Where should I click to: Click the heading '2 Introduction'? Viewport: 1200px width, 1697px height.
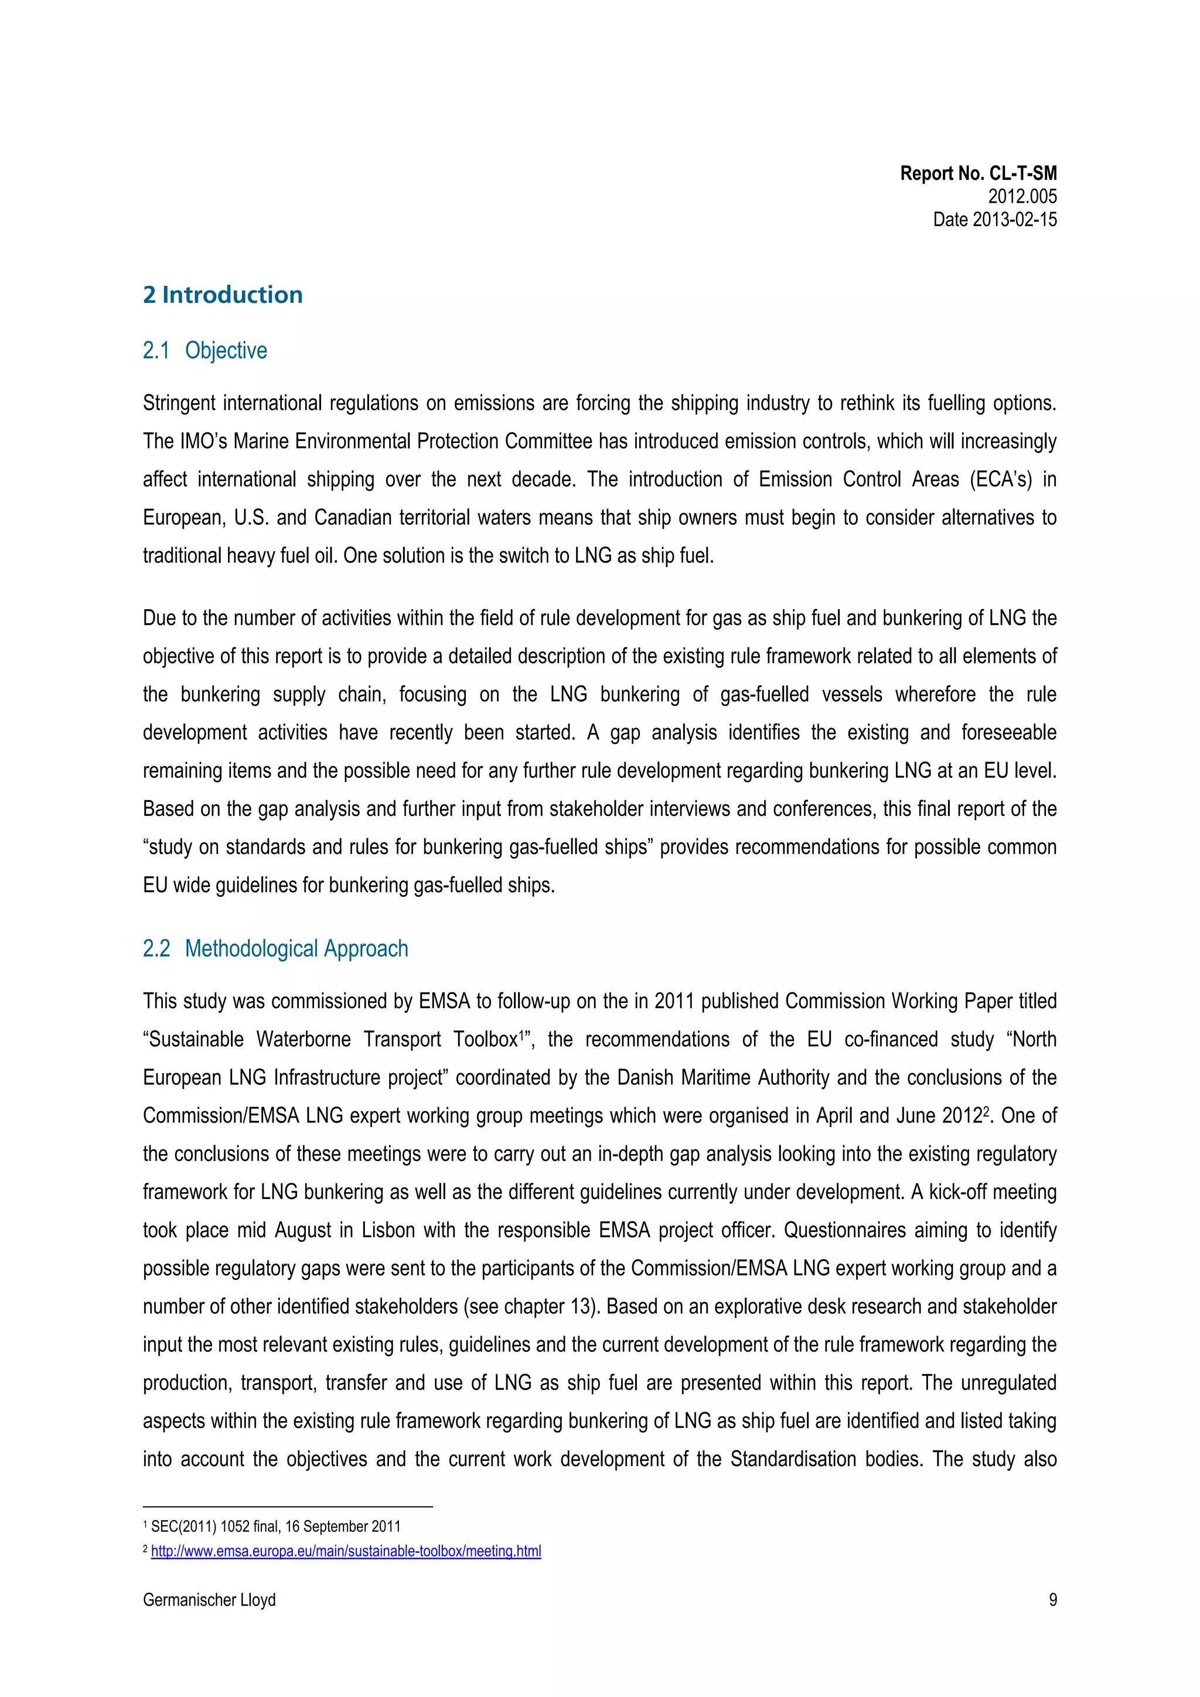pos(223,295)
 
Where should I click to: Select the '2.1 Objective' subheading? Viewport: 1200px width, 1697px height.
pos(205,350)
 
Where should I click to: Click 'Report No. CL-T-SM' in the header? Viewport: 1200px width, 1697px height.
pos(978,174)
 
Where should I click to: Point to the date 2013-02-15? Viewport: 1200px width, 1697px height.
pos(994,220)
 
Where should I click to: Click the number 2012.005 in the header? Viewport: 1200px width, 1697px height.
pos(1022,197)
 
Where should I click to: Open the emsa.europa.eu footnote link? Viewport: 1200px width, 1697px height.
pos(346,1551)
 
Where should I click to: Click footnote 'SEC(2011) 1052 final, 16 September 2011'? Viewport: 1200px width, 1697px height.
pos(275,1527)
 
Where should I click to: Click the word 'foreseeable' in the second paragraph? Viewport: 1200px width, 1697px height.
pos(1008,732)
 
